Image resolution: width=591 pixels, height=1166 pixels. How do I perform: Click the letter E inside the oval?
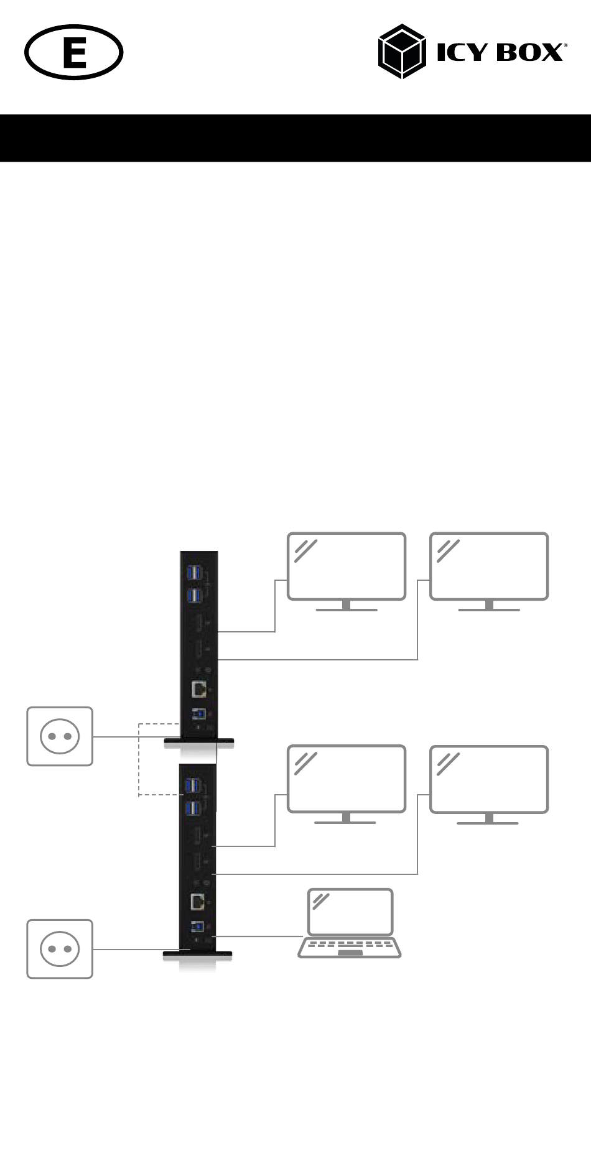74,52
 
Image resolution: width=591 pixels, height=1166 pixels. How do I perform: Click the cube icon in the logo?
402,52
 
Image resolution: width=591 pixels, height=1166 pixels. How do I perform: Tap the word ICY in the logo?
461,53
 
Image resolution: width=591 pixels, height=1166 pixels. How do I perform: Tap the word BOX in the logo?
529,53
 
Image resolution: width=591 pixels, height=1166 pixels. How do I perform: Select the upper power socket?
60,736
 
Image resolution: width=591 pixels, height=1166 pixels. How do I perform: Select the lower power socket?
60,949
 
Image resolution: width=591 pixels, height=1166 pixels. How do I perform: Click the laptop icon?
350,923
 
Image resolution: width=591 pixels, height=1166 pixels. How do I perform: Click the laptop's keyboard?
350,947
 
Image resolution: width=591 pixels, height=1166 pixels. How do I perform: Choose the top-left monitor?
347,566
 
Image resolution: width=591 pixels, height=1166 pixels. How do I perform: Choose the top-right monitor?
489,566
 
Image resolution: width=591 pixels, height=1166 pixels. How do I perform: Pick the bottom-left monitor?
347,779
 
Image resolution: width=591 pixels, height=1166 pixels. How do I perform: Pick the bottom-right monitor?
489,779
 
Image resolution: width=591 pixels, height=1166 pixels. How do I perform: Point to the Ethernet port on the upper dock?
199,690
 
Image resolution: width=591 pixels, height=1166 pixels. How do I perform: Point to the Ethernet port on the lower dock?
198,902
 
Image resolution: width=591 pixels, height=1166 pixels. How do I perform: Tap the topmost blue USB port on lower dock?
193,785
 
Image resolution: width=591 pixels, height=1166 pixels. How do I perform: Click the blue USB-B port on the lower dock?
198,927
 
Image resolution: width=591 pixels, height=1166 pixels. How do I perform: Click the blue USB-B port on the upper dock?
199,714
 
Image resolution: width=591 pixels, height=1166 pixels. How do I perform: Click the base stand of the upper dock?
198,741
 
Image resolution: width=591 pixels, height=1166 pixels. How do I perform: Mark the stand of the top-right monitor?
489,606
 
